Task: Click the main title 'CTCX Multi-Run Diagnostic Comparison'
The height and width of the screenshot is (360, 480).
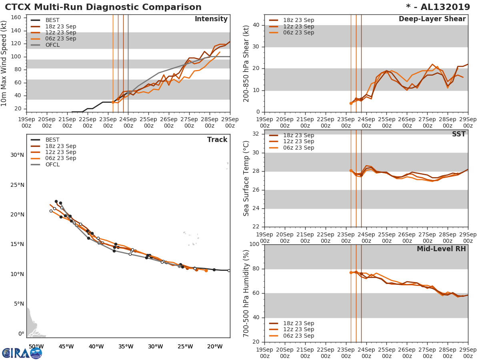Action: tap(103, 7)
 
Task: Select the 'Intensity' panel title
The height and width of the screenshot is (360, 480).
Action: tap(211, 19)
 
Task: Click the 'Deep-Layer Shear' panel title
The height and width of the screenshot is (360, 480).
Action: tap(432, 19)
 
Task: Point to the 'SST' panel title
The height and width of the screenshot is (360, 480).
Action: tap(458, 134)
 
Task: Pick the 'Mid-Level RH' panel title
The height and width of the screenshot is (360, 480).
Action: tap(441, 249)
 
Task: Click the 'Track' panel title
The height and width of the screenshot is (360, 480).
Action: tap(217, 140)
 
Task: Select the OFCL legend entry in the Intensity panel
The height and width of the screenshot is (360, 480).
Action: tap(52, 45)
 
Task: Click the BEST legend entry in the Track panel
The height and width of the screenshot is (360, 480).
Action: tap(52, 140)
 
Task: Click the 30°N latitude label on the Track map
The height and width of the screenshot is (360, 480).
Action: tap(17, 155)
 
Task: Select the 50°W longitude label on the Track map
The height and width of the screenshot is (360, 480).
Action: tap(36, 346)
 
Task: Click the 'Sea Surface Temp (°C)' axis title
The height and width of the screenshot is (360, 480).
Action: tap(246, 178)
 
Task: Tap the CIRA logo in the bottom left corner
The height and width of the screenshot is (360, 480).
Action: tap(22, 353)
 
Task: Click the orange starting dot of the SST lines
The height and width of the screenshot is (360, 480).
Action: tap(351, 170)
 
